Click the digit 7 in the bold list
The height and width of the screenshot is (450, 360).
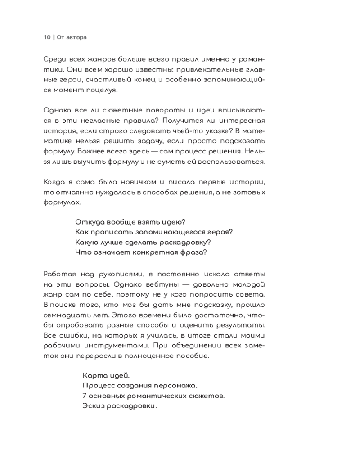85,396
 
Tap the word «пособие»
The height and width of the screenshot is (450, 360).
192,355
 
